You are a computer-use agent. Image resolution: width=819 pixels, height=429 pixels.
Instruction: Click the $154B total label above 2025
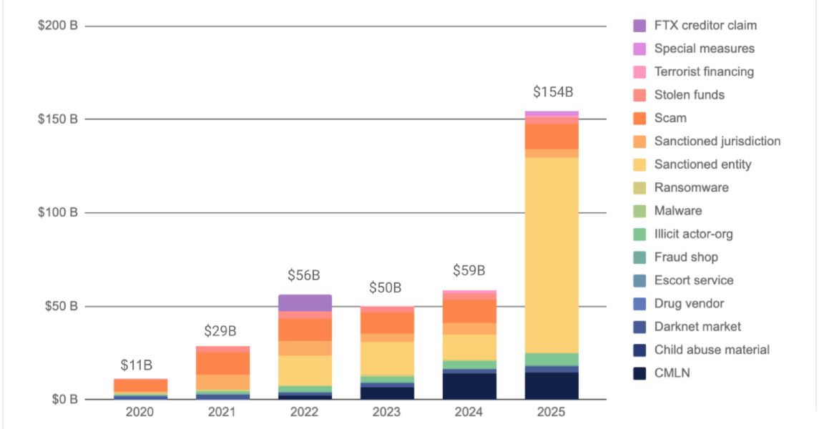(552, 92)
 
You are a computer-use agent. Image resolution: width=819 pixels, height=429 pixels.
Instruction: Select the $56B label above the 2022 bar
(304, 275)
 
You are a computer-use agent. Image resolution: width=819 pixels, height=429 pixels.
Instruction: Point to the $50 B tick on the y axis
(58, 307)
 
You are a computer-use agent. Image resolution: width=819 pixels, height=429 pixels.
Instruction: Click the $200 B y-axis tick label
(58, 26)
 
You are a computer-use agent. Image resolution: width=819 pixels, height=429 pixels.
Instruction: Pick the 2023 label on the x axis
(387, 413)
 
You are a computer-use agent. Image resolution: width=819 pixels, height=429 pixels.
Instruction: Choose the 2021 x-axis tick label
(222, 413)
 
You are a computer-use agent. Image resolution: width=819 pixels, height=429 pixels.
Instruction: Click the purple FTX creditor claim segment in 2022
(305, 302)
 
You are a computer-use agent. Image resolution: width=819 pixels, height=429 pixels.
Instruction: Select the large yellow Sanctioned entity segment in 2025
(551, 254)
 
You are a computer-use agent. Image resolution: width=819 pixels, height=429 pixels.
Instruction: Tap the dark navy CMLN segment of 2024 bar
(469, 386)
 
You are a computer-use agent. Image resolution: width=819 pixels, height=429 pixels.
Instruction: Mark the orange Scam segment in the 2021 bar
(222, 363)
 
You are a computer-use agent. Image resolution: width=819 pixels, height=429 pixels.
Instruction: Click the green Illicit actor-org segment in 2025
(551, 359)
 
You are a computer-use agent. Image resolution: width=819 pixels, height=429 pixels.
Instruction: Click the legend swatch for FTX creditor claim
(640, 26)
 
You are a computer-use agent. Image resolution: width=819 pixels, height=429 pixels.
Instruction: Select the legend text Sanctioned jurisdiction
(717, 142)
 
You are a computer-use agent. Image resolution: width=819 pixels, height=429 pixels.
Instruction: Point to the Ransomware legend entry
(691, 188)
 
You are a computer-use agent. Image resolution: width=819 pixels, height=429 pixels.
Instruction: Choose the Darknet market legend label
(697, 327)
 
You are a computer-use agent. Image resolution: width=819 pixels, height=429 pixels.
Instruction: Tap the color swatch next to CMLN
(640, 373)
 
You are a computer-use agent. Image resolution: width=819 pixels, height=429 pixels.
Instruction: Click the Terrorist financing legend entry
(704, 72)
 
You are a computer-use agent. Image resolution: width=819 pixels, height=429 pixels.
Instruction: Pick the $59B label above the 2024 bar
(469, 271)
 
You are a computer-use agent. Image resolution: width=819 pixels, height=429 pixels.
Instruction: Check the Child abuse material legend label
(712, 350)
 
